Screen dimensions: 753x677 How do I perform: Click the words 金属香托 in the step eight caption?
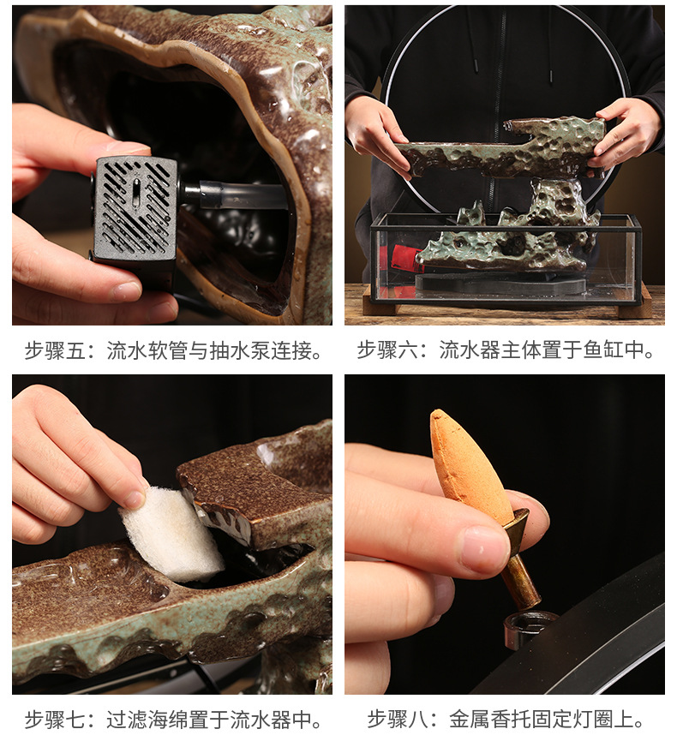[x=490, y=720]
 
